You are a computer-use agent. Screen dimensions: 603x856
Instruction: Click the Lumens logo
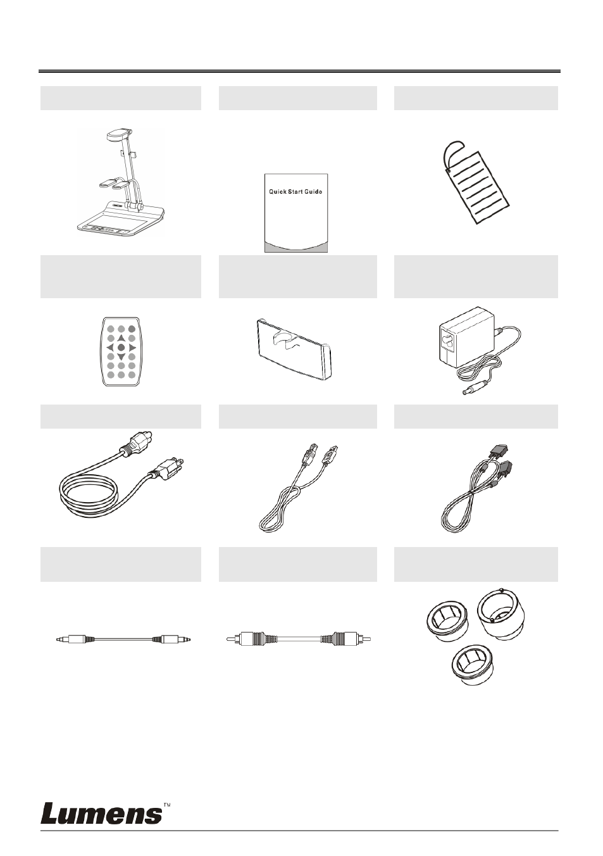[102, 813]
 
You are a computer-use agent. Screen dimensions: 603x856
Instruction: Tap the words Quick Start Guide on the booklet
[295, 191]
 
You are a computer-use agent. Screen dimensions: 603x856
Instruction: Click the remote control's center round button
[121, 348]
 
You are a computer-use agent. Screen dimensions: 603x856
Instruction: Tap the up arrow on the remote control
[121, 338]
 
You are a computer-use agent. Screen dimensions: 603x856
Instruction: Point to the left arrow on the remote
[110, 348]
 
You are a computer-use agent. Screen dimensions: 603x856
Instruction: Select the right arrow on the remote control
[132, 348]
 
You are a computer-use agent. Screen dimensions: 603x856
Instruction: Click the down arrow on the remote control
[121, 357]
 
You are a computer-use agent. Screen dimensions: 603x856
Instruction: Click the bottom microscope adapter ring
[473, 665]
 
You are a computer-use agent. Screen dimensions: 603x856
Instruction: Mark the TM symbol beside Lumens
[167, 803]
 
